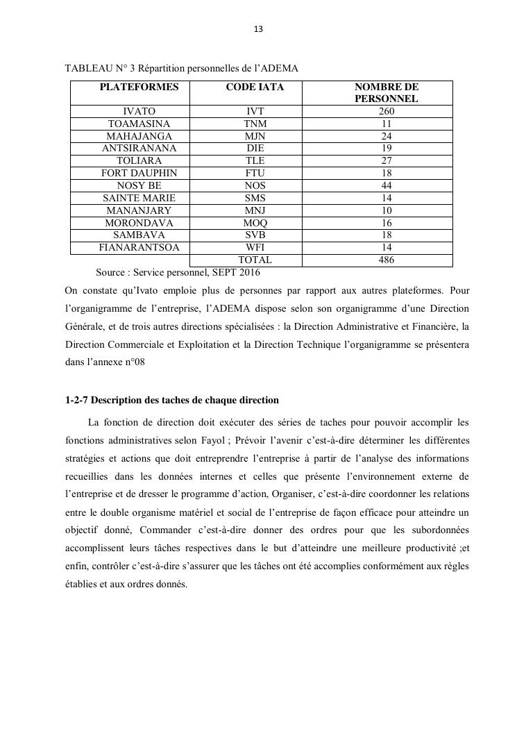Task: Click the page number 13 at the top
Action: click(258, 29)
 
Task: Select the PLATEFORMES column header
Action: click(139, 87)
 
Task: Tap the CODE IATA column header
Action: click(255, 87)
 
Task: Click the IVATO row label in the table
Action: click(139, 111)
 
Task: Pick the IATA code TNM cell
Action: click(255, 124)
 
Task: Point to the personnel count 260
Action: click(387, 111)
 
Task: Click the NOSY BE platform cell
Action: click(139, 185)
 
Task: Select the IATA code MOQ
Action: click(255, 223)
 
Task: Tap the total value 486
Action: click(387, 260)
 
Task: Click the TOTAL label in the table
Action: click(255, 260)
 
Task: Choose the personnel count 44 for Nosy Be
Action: click(387, 185)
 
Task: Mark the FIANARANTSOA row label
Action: click(139, 247)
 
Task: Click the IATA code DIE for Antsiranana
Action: click(255, 148)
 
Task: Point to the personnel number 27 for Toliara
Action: click(387, 160)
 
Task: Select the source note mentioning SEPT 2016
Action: click(178, 273)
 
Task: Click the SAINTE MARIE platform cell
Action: click(139, 198)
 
